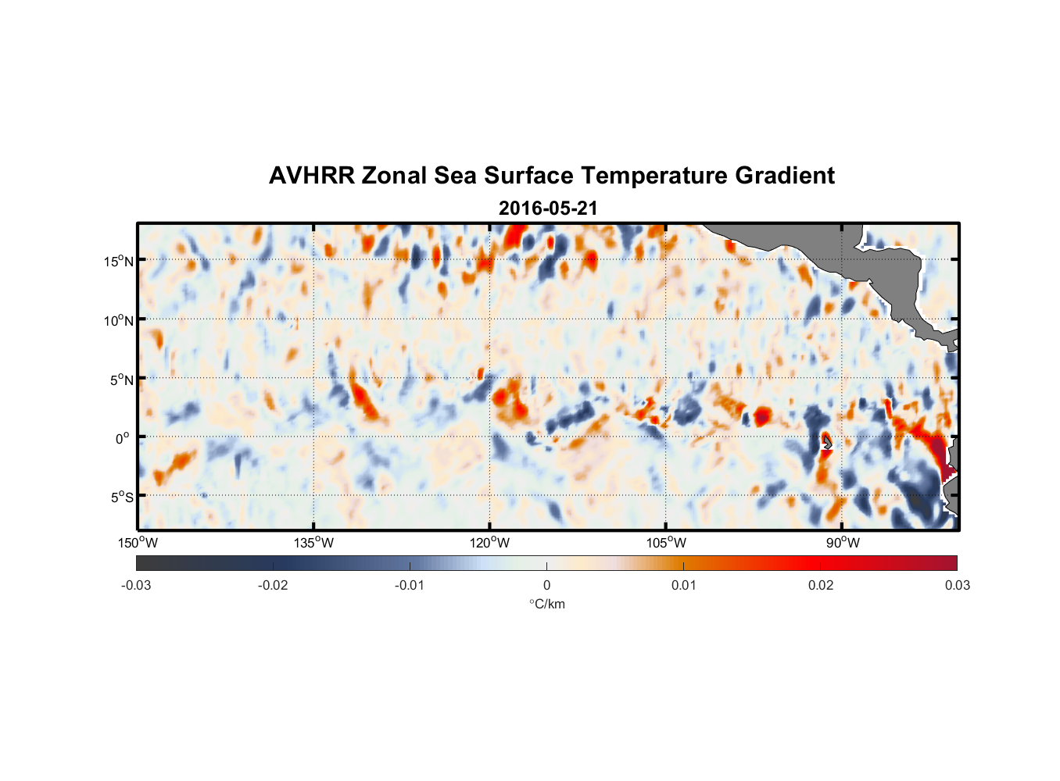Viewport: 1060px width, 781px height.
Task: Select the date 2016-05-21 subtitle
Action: pyautogui.click(x=548, y=209)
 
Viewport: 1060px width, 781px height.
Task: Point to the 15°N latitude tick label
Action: pyautogui.click(x=119, y=261)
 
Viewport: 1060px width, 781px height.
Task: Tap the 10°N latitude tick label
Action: pyautogui.click(x=119, y=320)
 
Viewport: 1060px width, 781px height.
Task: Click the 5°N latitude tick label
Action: pyautogui.click(x=121, y=380)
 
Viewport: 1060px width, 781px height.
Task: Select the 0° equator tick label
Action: pyautogui.click(x=123, y=438)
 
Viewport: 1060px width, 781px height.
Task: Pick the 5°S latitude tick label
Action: pyautogui.click(x=121, y=497)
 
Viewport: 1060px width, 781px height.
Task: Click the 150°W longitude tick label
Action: pyautogui.click(x=138, y=543)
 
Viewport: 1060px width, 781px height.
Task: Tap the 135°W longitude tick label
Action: pyautogui.click(x=313, y=543)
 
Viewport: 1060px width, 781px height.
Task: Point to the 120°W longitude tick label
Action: pyautogui.click(x=490, y=543)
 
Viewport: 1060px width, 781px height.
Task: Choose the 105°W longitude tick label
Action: pyautogui.click(x=666, y=543)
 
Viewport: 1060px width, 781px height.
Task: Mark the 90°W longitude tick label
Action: pyautogui.click(x=843, y=543)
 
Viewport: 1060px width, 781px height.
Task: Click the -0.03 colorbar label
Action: pyautogui.click(x=136, y=585)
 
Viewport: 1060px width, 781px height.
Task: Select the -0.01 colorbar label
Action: pyautogui.click(x=410, y=585)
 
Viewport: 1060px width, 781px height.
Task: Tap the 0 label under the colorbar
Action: pyautogui.click(x=546, y=585)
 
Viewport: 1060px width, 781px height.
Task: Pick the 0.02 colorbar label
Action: pyautogui.click(x=821, y=585)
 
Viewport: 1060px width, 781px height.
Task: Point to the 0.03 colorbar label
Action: pyautogui.click(x=957, y=585)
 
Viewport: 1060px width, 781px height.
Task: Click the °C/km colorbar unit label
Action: pyautogui.click(x=546, y=604)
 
